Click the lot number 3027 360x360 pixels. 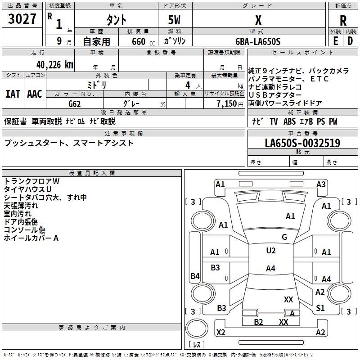coord(22,19)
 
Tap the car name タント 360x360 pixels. coord(116,20)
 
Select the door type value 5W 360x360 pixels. coord(174,20)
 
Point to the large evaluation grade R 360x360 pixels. coord(343,21)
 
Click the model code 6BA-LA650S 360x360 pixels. coord(258,41)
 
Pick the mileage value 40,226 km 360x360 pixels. coord(55,65)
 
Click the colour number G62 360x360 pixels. coord(75,104)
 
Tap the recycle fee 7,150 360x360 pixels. coord(227,104)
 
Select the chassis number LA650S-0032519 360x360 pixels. coord(302,143)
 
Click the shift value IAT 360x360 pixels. coord(13,94)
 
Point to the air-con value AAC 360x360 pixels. coord(35,94)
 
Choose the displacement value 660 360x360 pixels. coord(139,41)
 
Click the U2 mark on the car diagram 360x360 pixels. coord(271,251)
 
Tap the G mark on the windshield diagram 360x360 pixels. coord(284,237)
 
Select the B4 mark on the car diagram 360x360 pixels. coord(195,276)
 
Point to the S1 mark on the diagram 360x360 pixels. coord(320,308)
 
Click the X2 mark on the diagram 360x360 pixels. coord(221,332)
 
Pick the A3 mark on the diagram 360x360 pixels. coord(321,184)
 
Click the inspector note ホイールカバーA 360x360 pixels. coord(31,238)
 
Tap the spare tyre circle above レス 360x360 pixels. coord(197,328)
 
